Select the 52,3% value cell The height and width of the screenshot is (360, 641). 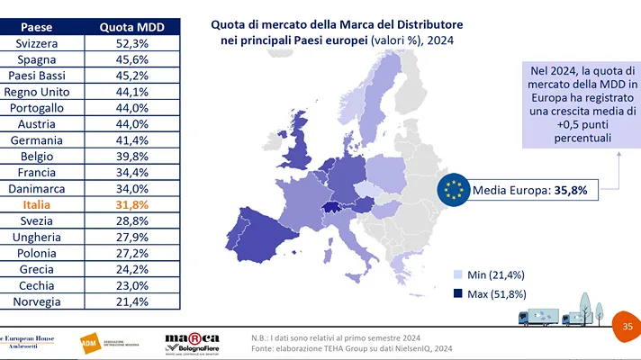coord(131,42)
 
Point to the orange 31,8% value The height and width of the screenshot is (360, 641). coord(131,204)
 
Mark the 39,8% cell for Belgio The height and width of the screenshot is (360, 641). coord(131,156)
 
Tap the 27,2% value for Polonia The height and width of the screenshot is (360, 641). coord(131,253)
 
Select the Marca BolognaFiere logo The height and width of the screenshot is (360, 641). coord(192,341)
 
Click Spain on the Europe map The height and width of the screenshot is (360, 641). coord(249,242)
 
